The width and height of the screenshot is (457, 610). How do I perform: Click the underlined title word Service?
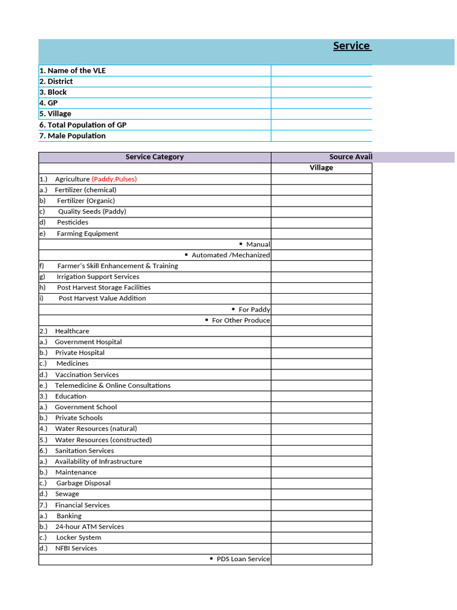[351, 46]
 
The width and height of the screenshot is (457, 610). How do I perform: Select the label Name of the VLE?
[73, 70]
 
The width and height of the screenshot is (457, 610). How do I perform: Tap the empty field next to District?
[321, 82]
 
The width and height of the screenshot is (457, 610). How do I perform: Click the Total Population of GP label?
[83, 125]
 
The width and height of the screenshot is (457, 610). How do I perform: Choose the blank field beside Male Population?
[321, 136]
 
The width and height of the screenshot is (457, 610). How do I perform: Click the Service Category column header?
[155, 157]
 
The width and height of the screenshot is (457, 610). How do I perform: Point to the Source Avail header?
[350, 157]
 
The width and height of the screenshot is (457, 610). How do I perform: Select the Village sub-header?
[321, 168]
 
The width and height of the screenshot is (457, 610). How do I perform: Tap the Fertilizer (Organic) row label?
[86, 201]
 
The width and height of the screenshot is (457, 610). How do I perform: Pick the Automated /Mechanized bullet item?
[230, 255]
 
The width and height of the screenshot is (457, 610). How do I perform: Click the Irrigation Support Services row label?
[98, 276]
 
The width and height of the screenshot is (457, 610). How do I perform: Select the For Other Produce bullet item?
[240, 320]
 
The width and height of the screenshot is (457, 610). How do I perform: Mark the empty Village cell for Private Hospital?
[321, 353]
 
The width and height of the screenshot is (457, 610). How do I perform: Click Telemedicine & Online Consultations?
[112, 385]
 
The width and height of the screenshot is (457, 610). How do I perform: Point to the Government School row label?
[86, 407]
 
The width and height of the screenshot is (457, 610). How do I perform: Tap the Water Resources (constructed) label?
[103, 440]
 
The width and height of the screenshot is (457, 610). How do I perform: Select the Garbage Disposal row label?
[83, 483]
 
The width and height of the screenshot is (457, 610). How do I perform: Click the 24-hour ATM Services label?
[89, 527]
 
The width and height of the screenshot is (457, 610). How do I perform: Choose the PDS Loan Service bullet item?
[243, 559]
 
